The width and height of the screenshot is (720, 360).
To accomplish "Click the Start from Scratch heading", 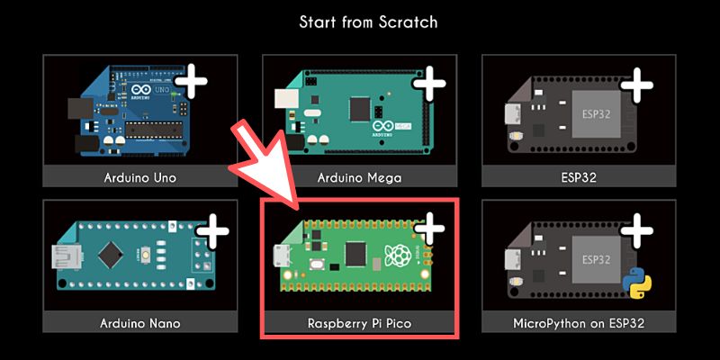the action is coord(368,22).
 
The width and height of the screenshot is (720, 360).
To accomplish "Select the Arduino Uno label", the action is coord(140,177).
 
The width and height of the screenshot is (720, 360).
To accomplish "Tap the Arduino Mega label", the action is coord(359,177).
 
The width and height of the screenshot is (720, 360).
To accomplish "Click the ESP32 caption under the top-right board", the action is coord(579,177).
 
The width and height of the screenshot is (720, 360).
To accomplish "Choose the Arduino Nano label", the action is coord(140,323).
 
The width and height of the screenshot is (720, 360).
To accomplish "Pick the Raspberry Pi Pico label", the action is coord(359,323).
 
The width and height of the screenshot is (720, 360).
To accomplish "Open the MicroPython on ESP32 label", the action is coord(579,323).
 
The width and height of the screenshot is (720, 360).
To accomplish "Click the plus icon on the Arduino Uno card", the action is coord(191,81).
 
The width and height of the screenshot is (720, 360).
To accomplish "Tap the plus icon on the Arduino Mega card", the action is coord(429,83).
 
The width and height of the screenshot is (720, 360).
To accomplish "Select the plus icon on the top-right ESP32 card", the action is coord(636,85).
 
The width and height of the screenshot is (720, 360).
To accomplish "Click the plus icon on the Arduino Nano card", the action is coord(212,231).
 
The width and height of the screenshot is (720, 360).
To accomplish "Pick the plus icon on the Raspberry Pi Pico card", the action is coord(429,229).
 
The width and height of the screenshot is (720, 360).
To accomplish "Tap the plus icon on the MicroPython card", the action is coord(636,231).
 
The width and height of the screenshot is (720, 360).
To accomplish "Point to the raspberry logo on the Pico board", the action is coord(396,256).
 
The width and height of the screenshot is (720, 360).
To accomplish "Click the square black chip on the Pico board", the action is coord(355,254).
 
